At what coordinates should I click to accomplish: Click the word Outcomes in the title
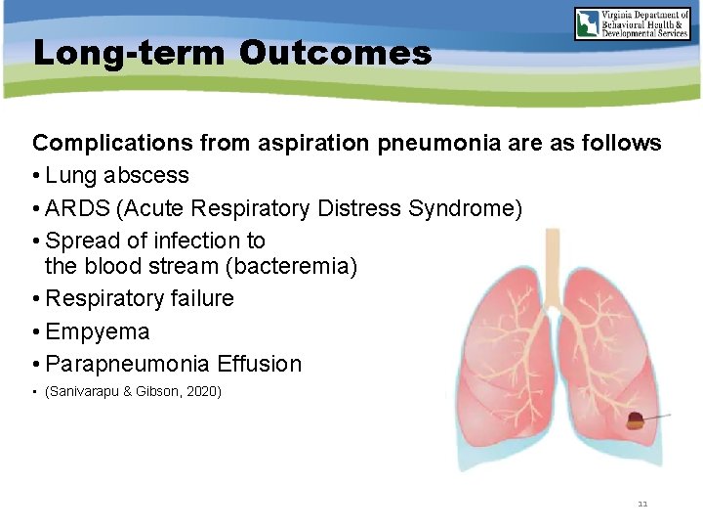click(x=335, y=53)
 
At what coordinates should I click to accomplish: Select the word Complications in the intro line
click(x=112, y=144)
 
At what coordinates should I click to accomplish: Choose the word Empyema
click(x=98, y=331)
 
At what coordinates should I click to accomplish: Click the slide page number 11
click(x=642, y=504)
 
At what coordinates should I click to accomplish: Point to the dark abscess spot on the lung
click(x=635, y=421)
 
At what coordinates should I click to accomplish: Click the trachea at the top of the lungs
click(x=555, y=269)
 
